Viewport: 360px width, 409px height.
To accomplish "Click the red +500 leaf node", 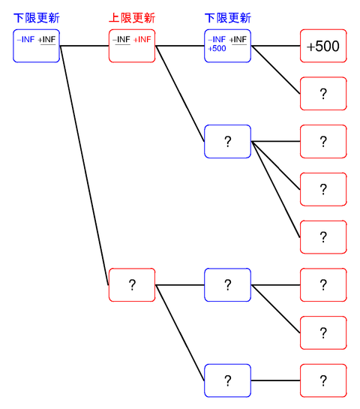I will (x=323, y=47).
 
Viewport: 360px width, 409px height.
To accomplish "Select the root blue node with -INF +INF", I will (x=36, y=47).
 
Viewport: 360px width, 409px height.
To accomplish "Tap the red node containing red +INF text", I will (x=131, y=47).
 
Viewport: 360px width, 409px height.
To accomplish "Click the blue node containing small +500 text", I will (x=227, y=47).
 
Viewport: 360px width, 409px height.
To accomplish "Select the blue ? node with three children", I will (x=227, y=142).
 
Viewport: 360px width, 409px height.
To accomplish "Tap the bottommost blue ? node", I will (x=227, y=380).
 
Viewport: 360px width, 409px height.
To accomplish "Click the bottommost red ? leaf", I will (x=323, y=380).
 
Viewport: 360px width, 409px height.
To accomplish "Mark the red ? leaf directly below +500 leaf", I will (x=323, y=94).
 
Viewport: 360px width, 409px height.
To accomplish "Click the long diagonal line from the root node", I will (x=84, y=165).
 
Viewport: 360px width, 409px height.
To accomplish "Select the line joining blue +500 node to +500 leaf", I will (x=276, y=47).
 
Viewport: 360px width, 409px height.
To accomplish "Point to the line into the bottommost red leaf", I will (x=276, y=380).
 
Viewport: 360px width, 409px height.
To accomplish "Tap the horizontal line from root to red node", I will (x=84, y=47).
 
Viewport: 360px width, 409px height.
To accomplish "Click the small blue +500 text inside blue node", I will (x=217, y=48).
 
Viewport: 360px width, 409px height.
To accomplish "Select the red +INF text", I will (x=142, y=39).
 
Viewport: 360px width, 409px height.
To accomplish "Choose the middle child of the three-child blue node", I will (x=323, y=189).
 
